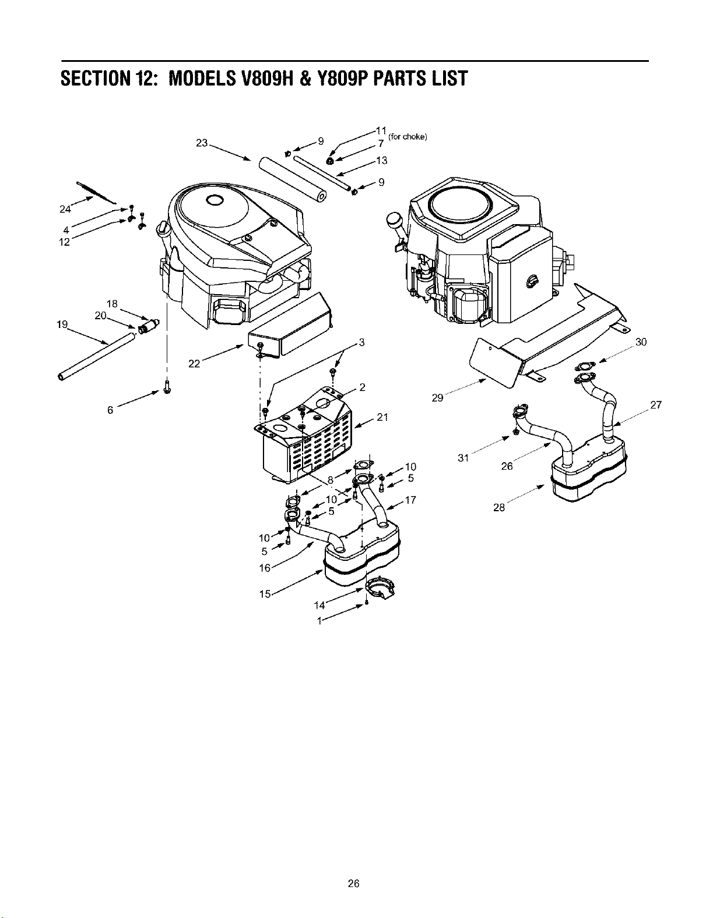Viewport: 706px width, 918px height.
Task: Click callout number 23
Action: [202, 143]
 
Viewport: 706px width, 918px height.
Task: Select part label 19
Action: [62, 324]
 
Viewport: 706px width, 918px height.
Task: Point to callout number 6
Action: [110, 410]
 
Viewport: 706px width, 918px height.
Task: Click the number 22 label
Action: [194, 364]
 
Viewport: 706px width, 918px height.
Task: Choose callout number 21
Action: [382, 417]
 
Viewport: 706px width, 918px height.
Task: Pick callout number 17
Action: [410, 500]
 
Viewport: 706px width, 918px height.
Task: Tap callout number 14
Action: [319, 605]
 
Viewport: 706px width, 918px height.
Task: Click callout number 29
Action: [438, 397]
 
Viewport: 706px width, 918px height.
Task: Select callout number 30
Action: [641, 342]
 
